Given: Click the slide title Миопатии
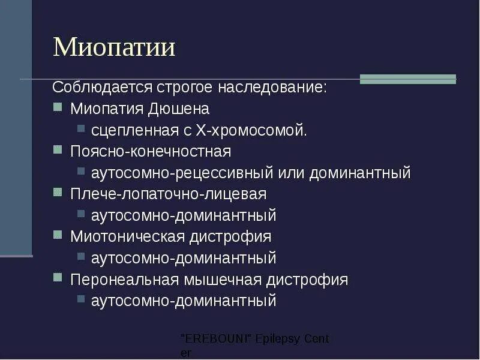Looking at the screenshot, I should pyautogui.click(x=114, y=47).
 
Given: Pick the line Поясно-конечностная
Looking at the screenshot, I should pyautogui.click(x=150, y=151).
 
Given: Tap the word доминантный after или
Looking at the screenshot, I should pyautogui.click(x=360, y=173).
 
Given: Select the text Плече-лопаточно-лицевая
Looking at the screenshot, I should pyautogui.click(x=168, y=194).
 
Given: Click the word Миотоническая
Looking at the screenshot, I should pyautogui.click(x=127, y=236).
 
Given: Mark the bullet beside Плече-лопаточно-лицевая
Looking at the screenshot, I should pyautogui.click(x=57, y=193).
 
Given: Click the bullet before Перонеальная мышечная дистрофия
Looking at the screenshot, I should pyautogui.click(x=57, y=278).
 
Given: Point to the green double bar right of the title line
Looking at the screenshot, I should pyautogui.click(x=407, y=79).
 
